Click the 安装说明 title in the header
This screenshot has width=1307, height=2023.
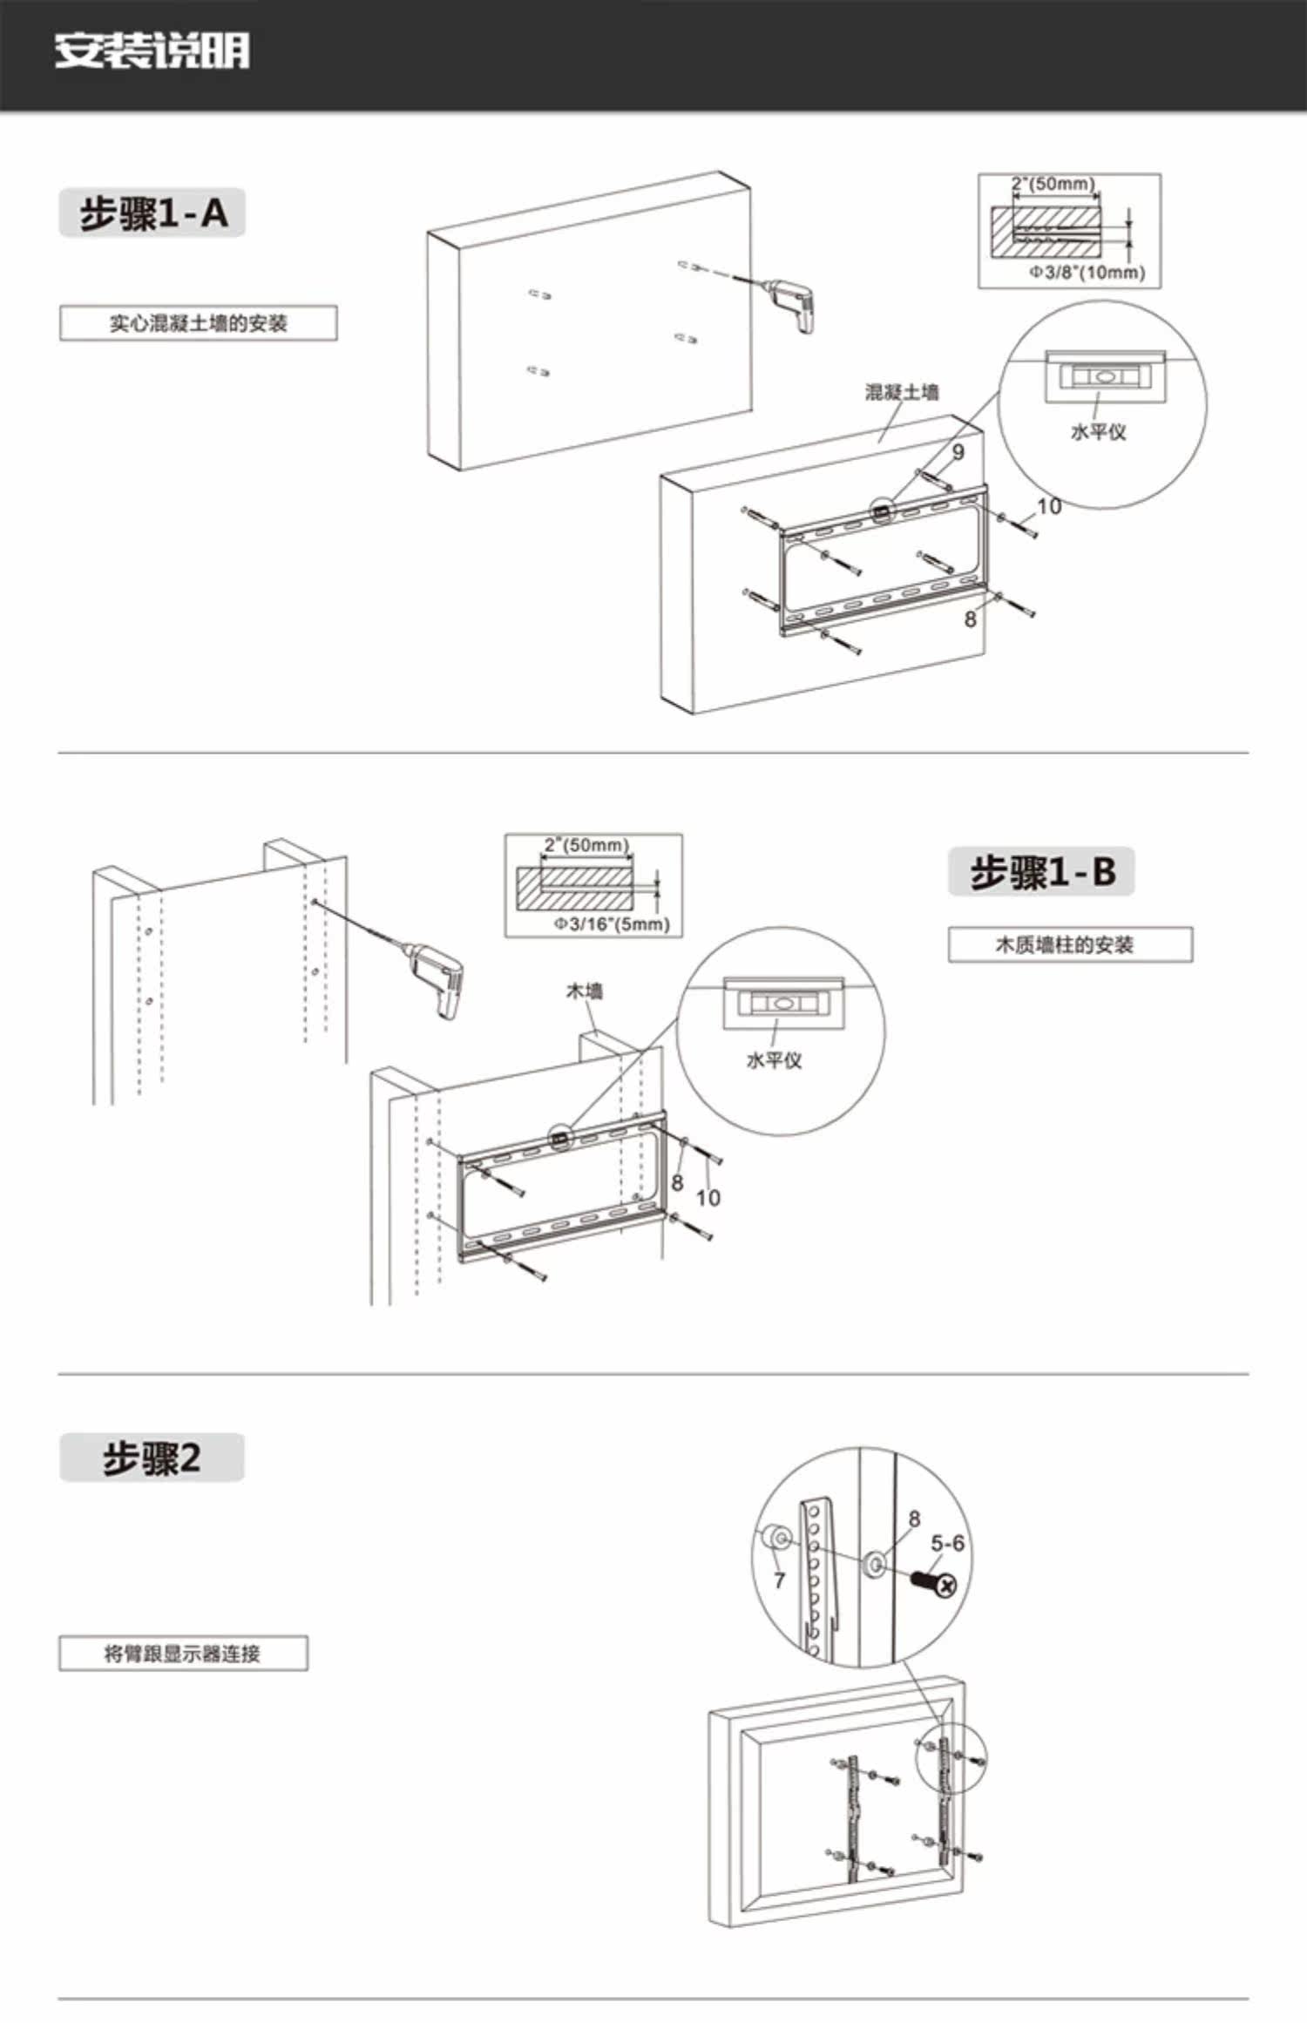152,51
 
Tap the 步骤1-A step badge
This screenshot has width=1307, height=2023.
152,213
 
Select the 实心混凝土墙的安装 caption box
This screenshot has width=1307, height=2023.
198,323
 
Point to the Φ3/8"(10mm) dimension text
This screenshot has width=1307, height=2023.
1086,272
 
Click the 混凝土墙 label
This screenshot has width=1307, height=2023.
901,392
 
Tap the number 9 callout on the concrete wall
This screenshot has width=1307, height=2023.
958,451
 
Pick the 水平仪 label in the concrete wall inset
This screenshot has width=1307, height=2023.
1097,431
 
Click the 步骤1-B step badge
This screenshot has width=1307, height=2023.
1041,871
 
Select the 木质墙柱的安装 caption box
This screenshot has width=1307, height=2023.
1069,944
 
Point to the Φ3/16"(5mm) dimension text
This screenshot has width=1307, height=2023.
612,924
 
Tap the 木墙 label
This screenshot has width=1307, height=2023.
584,991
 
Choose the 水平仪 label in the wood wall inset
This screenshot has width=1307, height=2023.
774,1059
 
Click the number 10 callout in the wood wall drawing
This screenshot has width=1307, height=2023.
708,1198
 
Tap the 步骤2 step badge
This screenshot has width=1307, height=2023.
152,1458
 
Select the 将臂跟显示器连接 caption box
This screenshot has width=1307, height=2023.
183,1654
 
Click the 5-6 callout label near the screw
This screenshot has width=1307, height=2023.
947,1544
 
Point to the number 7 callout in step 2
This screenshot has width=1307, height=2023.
779,1580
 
